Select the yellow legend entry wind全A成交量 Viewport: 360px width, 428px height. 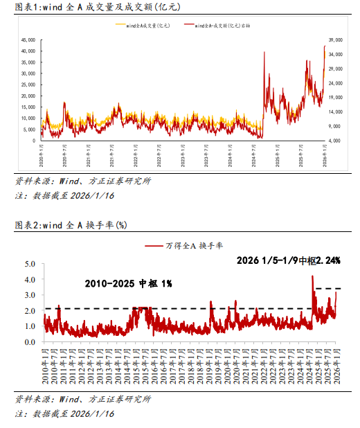pos(143,25)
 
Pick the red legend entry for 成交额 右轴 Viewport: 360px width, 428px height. pos(217,25)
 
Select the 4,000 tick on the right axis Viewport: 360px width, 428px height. pos(335,141)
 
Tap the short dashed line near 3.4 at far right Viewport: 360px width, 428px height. pos(328,288)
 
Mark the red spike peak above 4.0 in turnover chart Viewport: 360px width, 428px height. pos(312,276)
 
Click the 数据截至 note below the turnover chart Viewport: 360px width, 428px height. pos(64,413)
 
